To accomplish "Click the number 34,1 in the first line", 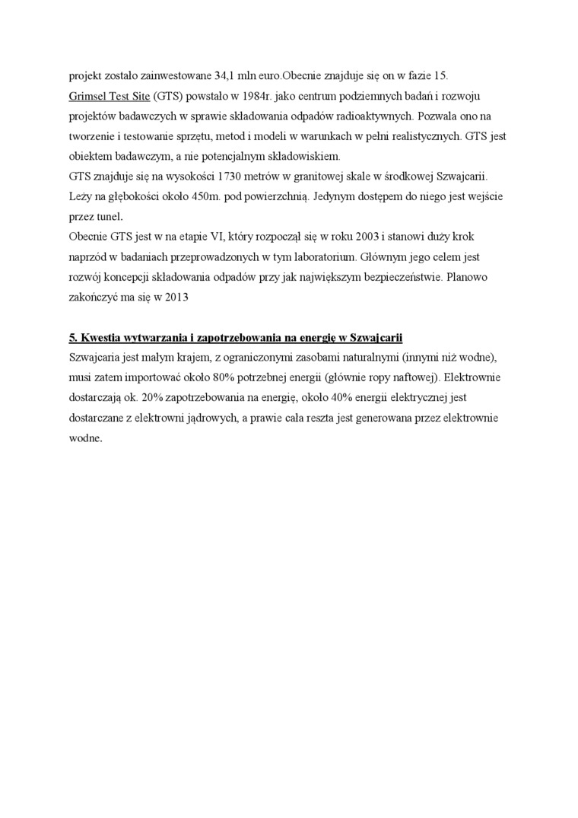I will (227, 77).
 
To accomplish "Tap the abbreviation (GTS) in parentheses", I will (167, 97).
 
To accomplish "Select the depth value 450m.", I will (193, 196).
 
